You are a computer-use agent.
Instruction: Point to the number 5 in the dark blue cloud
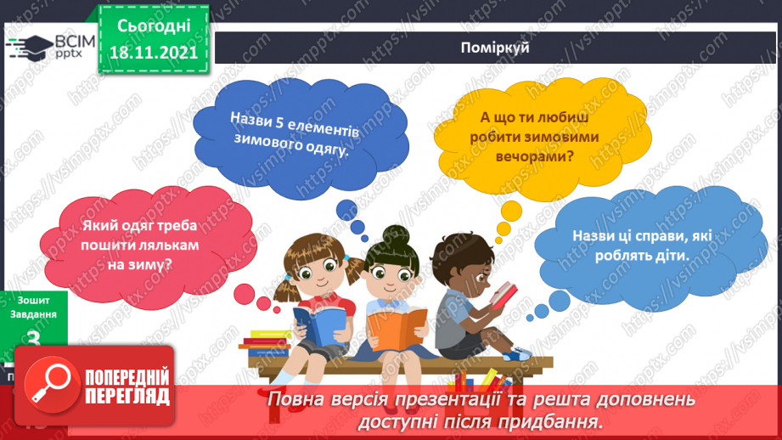click(273, 121)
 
